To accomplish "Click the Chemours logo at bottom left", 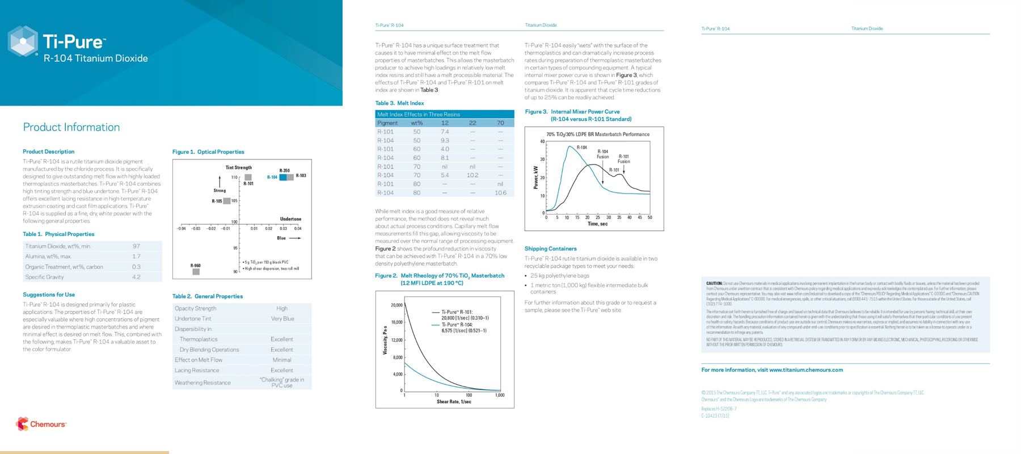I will (x=41, y=424).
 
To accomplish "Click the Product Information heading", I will (x=71, y=127).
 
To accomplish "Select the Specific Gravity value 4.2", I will (x=136, y=277).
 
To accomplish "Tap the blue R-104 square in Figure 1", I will (x=283, y=178).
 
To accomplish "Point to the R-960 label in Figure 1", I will (x=195, y=266).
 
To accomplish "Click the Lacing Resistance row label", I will (x=197, y=370).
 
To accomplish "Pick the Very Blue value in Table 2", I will (x=282, y=319).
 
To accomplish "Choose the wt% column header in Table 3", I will (x=417, y=123).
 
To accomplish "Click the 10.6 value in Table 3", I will (x=500, y=193).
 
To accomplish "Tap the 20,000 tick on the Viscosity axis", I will (x=396, y=305).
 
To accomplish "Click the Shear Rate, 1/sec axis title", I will (x=454, y=402).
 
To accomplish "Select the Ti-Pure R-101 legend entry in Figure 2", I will (x=457, y=312).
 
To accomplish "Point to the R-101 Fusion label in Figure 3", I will (x=623, y=159).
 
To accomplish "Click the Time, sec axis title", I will (x=597, y=224).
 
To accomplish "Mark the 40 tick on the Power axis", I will (x=542, y=142).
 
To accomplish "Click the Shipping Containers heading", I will (x=550, y=249).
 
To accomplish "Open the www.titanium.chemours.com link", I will (x=805, y=370).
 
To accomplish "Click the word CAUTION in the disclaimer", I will (x=714, y=283).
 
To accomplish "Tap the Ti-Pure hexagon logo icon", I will (x=23, y=41).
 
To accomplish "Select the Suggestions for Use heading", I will (x=49, y=295).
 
